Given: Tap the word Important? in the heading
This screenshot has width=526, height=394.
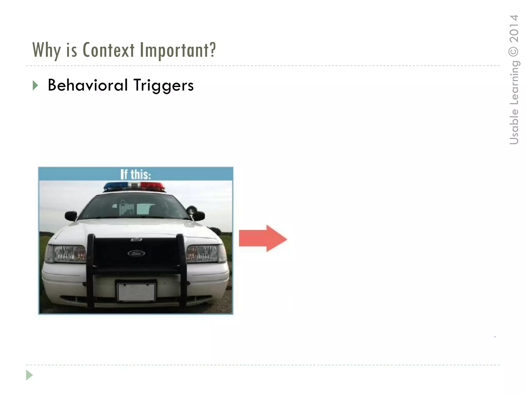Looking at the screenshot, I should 178,50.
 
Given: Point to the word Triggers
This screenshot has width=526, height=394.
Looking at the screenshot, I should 164,86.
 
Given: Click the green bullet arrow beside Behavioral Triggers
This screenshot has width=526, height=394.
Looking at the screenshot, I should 35,85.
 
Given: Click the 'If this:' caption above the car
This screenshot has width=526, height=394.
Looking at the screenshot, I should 136,174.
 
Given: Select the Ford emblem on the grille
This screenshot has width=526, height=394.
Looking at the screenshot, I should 136,253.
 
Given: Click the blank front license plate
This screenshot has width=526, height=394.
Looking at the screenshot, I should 136,292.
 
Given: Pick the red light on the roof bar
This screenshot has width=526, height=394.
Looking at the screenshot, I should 153,186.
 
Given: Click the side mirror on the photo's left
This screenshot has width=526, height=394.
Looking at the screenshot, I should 71,215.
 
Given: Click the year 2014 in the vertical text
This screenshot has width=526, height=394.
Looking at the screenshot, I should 514,28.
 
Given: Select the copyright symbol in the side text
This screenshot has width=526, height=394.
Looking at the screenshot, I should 514,51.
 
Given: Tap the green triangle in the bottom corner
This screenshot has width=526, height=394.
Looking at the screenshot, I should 29,375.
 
